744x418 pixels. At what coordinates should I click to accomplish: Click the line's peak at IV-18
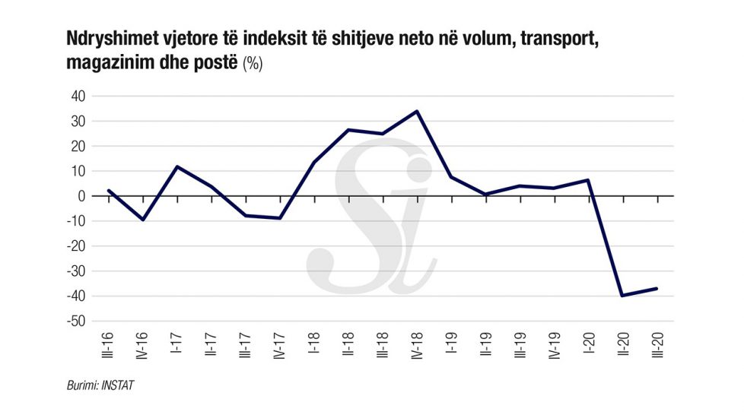pyautogui.click(x=417, y=112)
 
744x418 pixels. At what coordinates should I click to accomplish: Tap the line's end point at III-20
pyautogui.click(x=657, y=289)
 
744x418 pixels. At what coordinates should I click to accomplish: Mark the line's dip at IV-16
pyautogui.click(x=143, y=220)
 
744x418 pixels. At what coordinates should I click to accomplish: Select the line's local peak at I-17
pyautogui.click(x=177, y=166)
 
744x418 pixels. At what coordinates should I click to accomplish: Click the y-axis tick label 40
pyautogui.click(x=78, y=97)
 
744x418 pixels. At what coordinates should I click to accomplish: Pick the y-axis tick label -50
pyautogui.click(x=75, y=321)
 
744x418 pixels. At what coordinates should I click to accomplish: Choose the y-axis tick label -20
pyautogui.click(x=75, y=246)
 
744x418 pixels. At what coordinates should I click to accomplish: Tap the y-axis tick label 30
pyautogui.click(x=78, y=122)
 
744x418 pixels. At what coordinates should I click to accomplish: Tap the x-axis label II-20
pyautogui.click(x=624, y=345)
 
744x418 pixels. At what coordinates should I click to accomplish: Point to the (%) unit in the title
pyautogui.click(x=253, y=65)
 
